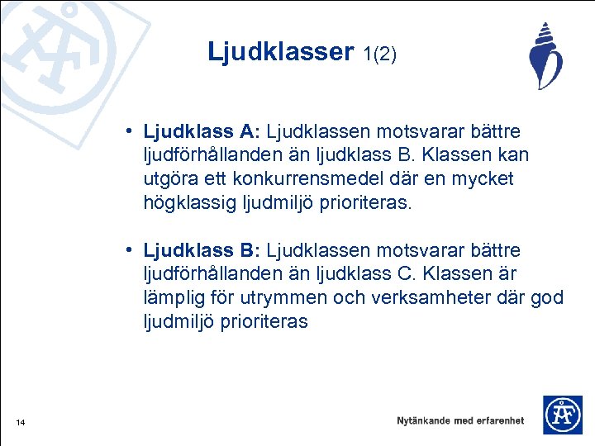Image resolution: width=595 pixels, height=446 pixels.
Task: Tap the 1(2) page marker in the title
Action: (x=379, y=55)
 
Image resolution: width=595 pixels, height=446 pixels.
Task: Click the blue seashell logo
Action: (x=545, y=56)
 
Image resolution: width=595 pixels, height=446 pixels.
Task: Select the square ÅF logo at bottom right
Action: (x=562, y=415)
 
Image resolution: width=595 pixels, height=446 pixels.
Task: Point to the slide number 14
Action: (x=21, y=424)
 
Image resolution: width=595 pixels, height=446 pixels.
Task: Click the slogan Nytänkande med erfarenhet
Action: (x=460, y=420)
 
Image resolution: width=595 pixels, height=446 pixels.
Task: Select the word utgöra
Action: (x=172, y=179)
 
